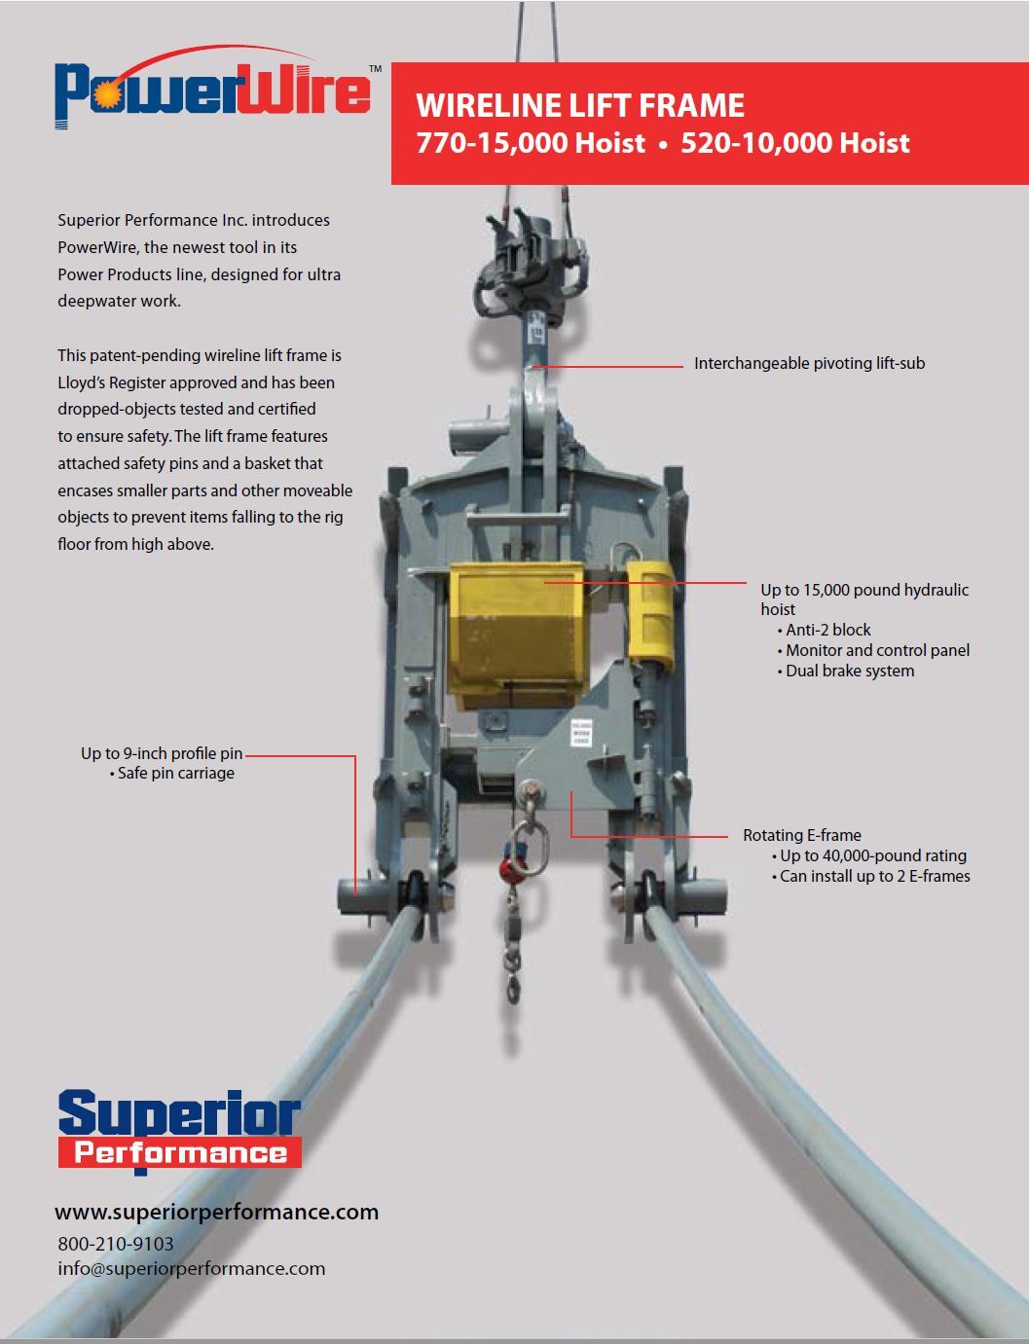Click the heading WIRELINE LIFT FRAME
pyautogui.click(x=580, y=105)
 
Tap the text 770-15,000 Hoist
pyautogui.click(x=531, y=143)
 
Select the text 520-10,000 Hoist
pyautogui.click(x=795, y=143)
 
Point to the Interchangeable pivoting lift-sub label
pyautogui.click(x=809, y=363)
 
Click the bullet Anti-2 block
pyautogui.click(x=828, y=630)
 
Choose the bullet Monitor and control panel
pyautogui.click(x=877, y=650)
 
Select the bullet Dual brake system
pyautogui.click(x=850, y=671)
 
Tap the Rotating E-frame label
pyautogui.click(x=802, y=835)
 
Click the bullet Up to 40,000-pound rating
pyautogui.click(x=873, y=855)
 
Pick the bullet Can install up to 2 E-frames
pyautogui.click(x=875, y=876)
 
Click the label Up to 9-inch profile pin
pyautogui.click(x=162, y=753)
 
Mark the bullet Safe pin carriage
pyautogui.click(x=176, y=774)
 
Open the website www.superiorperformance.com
pyautogui.click(x=216, y=1212)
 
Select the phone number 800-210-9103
pyautogui.click(x=116, y=1244)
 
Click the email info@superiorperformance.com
pyautogui.click(x=192, y=1268)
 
